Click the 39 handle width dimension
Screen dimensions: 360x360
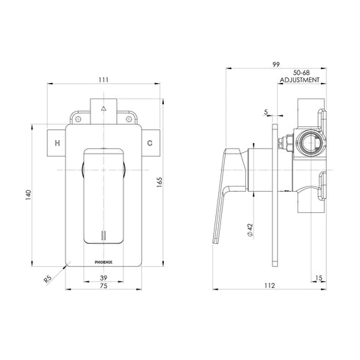pyautogui.click(x=103, y=278)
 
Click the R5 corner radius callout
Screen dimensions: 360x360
pyautogui.click(x=48, y=279)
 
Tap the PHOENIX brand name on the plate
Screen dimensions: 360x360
pyautogui.click(x=103, y=258)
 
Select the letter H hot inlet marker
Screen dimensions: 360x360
pyautogui.click(x=57, y=143)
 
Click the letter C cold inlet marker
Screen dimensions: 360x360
pyautogui.click(x=149, y=143)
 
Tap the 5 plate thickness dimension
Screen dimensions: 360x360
pyautogui.click(x=265, y=112)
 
